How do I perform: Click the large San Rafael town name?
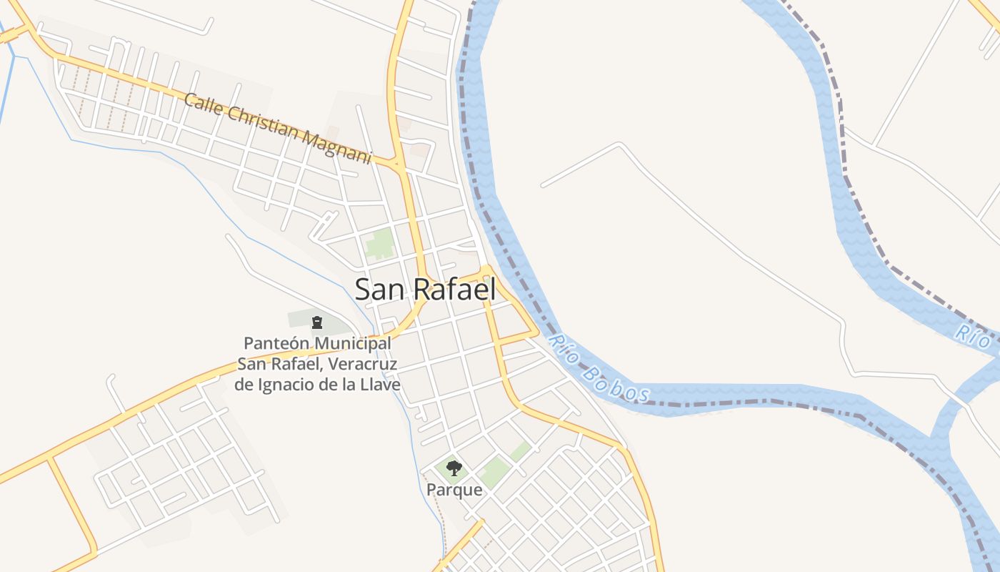point(425,290)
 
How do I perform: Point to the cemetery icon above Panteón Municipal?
point(317,322)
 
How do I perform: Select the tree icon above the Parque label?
point(454,469)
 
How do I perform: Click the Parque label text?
point(454,490)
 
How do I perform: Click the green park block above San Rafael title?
point(380,245)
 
